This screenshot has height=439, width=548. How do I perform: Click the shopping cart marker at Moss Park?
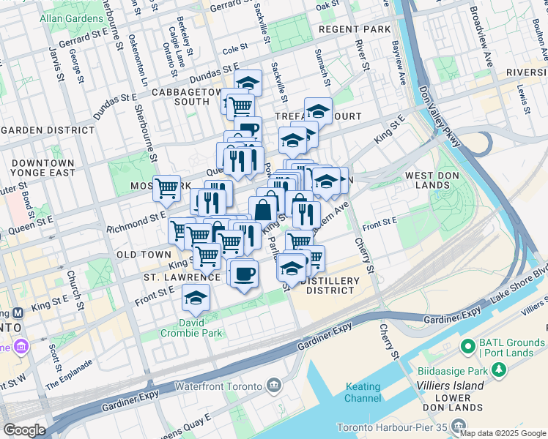(167, 187)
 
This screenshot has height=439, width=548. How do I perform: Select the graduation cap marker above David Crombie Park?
(195, 297)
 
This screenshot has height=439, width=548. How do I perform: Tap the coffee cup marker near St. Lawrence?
(243, 274)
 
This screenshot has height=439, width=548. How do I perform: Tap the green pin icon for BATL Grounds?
(467, 345)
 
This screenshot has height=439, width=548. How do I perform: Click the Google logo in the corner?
(24, 429)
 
